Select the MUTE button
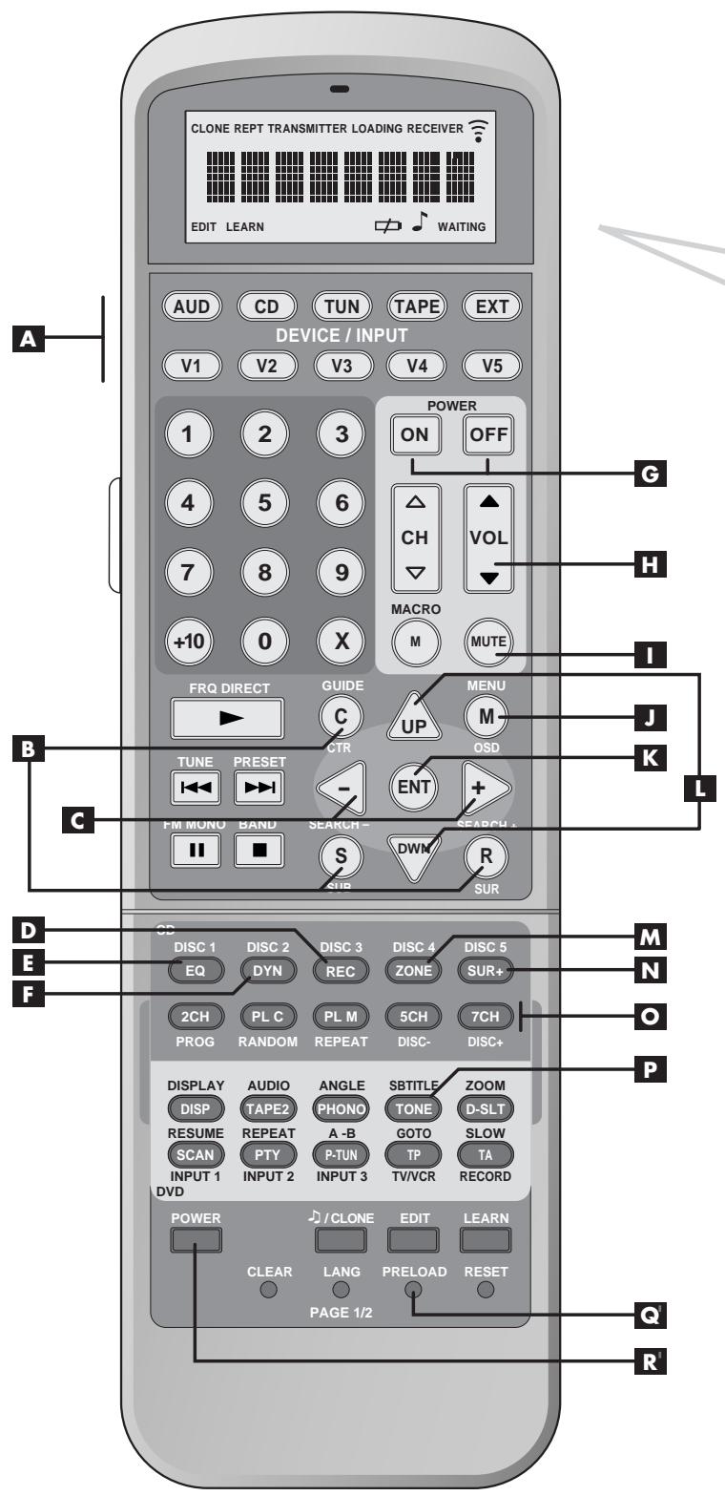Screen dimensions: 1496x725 pos(486,642)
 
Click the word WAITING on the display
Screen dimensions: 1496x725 pos(462,280)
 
